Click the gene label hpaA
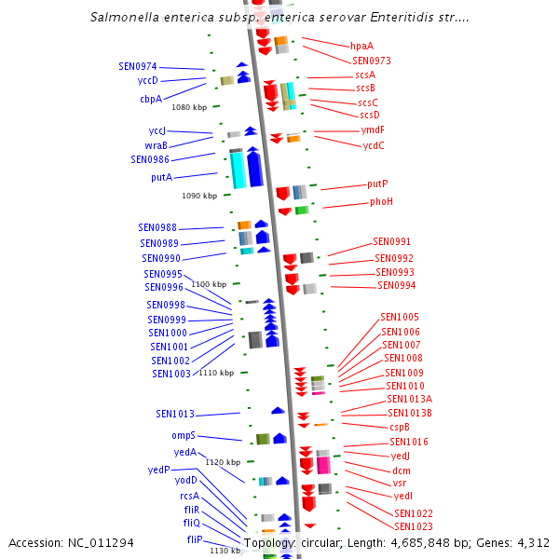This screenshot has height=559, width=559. pyautogui.click(x=361, y=46)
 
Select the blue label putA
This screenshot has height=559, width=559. pyautogui.click(x=161, y=177)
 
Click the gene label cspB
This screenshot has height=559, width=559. pyautogui.click(x=400, y=427)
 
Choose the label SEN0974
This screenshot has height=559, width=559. pyautogui.click(x=138, y=67)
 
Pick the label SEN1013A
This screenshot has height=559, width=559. pyautogui.click(x=410, y=399)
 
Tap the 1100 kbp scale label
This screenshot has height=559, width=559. pyautogui.click(x=209, y=284)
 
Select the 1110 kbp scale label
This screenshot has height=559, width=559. pyautogui.click(x=216, y=373)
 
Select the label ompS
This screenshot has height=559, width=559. pyautogui.click(x=183, y=435)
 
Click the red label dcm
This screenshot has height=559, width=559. pyautogui.click(x=402, y=470)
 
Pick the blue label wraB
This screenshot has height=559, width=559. pyautogui.click(x=157, y=145)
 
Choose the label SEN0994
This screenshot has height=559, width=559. pyautogui.click(x=396, y=285)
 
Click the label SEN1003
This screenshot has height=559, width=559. pyautogui.click(x=171, y=374)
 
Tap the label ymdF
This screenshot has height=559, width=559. pyautogui.click(x=373, y=130)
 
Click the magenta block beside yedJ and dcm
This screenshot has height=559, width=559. pyautogui.click(x=323, y=464)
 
